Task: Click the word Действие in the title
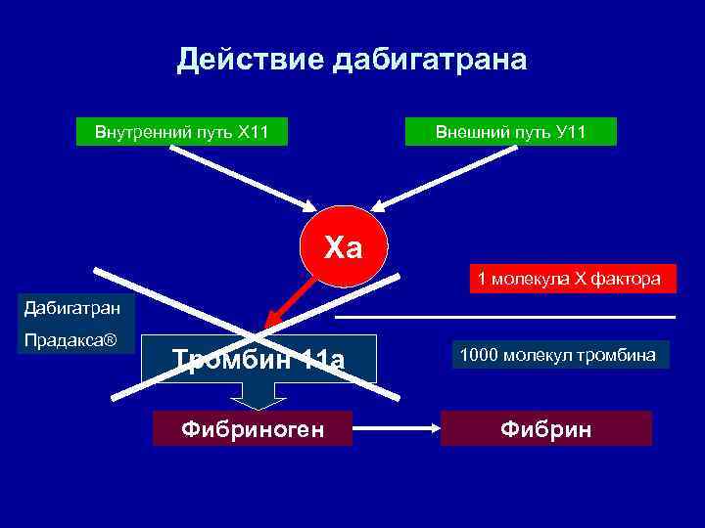coord(251,61)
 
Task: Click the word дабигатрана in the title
coord(430,61)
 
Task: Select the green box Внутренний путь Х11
coord(182,131)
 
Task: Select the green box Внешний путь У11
coord(511,131)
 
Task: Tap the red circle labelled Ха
coord(344,247)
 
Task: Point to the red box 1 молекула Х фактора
coord(570,280)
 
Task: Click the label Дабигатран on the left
coord(61,309)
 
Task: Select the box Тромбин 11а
coord(258,360)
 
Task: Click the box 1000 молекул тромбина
coord(560,354)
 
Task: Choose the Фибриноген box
coord(253,428)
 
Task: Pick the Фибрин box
coord(545,428)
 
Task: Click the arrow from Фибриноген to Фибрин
coord(396,427)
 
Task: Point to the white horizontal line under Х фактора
coord(505,318)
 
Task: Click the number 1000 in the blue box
coord(477,354)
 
